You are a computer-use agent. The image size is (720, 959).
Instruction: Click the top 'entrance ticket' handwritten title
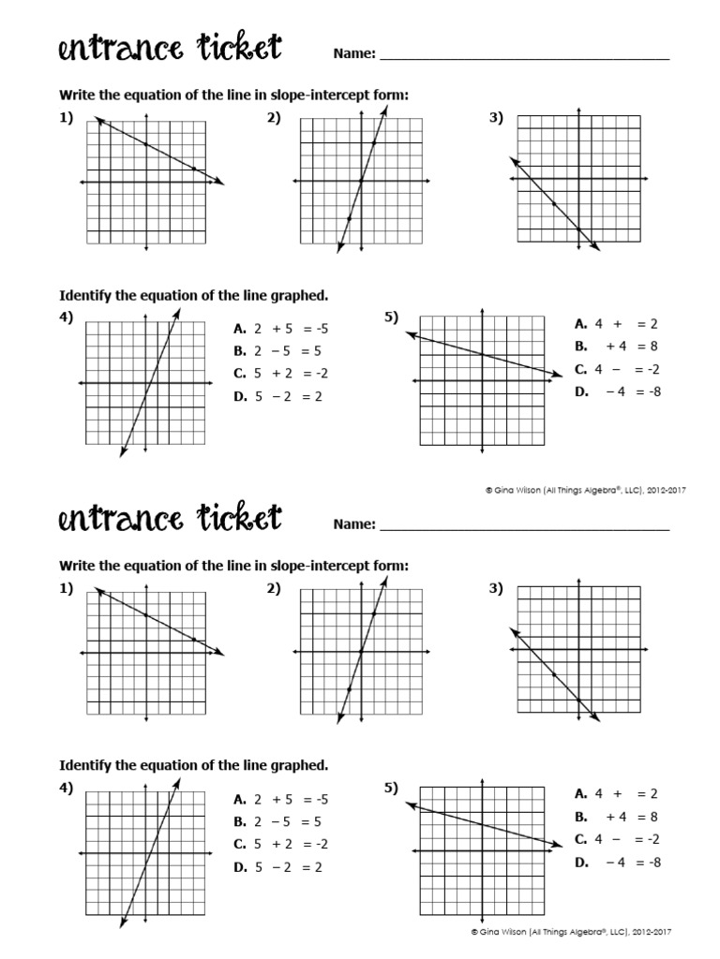(170, 49)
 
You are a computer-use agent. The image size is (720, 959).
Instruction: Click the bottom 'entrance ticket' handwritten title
(170, 519)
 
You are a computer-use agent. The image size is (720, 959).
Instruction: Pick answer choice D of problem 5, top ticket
(619, 391)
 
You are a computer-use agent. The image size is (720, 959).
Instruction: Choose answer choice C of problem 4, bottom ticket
(280, 845)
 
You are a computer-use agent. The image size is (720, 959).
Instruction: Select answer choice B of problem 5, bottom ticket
(619, 817)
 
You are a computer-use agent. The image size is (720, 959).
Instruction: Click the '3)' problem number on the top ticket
(496, 118)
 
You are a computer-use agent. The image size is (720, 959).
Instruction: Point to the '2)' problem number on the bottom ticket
(274, 588)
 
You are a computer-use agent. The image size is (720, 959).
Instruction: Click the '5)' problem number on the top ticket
(392, 317)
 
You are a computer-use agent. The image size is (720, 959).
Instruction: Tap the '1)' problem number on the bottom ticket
(66, 588)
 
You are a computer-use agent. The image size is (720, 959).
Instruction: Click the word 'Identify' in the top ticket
(86, 295)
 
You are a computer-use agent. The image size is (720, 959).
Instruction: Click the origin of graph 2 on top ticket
(362, 181)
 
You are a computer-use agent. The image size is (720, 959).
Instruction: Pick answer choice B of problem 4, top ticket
(280, 351)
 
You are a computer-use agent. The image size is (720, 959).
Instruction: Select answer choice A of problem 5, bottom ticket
(619, 793)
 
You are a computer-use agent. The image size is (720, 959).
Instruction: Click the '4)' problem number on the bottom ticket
(66, 789)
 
